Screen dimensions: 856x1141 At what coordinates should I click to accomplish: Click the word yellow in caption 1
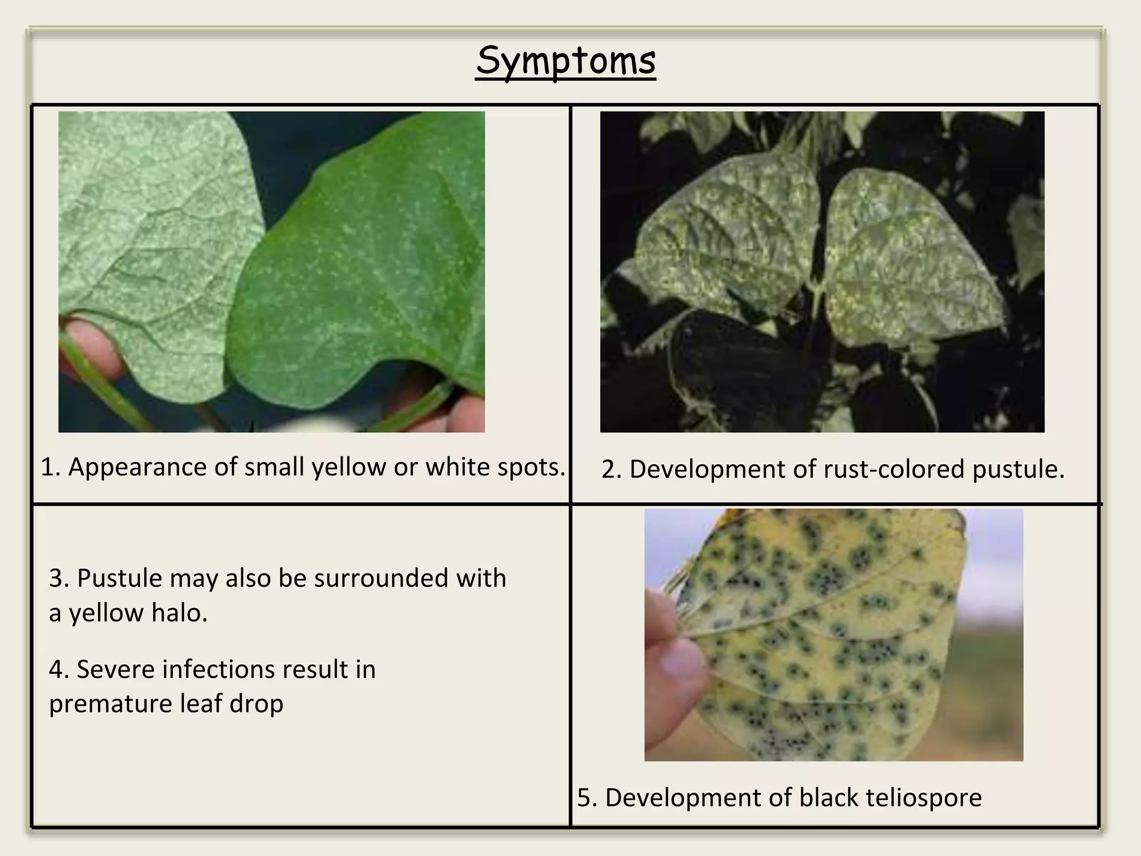coord(348,467)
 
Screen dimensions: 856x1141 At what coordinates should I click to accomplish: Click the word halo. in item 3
coord(179,613)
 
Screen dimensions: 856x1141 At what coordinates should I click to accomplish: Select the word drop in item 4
coord(257,703)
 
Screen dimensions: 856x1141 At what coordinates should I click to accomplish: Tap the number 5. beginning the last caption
coord(587,797)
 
